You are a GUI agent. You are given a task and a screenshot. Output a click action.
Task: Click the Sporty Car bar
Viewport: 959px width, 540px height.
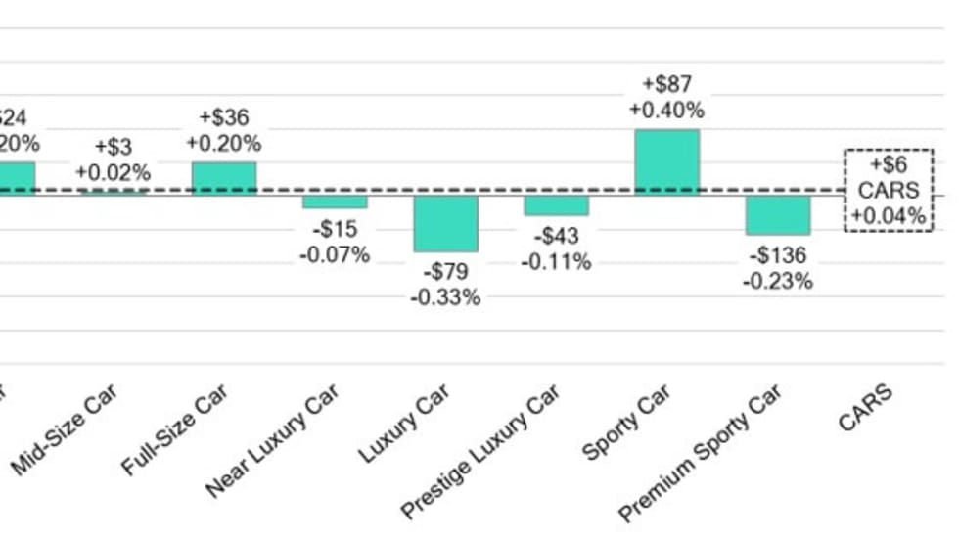tap(667, 162)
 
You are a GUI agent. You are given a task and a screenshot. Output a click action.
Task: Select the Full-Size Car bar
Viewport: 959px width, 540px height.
tap(223, 178)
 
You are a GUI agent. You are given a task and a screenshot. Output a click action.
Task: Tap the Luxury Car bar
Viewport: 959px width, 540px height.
tap(445, 223)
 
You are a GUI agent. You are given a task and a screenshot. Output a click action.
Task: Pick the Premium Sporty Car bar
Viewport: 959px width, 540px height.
tap(778, 214)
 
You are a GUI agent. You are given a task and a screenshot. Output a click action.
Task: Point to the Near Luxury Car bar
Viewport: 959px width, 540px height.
tap(335, 202)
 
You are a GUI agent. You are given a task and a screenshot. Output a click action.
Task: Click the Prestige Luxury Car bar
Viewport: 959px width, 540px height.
tap(556, 204)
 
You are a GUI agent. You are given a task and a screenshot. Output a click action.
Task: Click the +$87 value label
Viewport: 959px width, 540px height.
tap(666, 85)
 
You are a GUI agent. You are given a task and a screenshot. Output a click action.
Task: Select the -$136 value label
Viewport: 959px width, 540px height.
tap(778, 256)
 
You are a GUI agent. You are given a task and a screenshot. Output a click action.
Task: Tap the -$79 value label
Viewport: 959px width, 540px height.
tap(445, 272)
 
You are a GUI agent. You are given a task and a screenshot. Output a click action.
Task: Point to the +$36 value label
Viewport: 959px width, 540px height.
tap(223, 117)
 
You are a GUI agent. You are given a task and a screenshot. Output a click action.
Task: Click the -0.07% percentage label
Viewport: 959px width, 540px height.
tap(335, 255)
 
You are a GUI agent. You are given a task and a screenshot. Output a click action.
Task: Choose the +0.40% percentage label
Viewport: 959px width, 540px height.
tap(666, 110)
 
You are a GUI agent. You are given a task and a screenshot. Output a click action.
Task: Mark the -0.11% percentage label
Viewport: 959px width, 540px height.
tap(556, 261)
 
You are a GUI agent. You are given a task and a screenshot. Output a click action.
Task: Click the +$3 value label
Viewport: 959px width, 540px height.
tap(113, 148)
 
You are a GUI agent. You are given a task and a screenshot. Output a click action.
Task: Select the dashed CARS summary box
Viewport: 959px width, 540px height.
tap(889, 190)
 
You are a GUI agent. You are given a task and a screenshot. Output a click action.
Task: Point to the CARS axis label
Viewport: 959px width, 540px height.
tap(866, 407)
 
